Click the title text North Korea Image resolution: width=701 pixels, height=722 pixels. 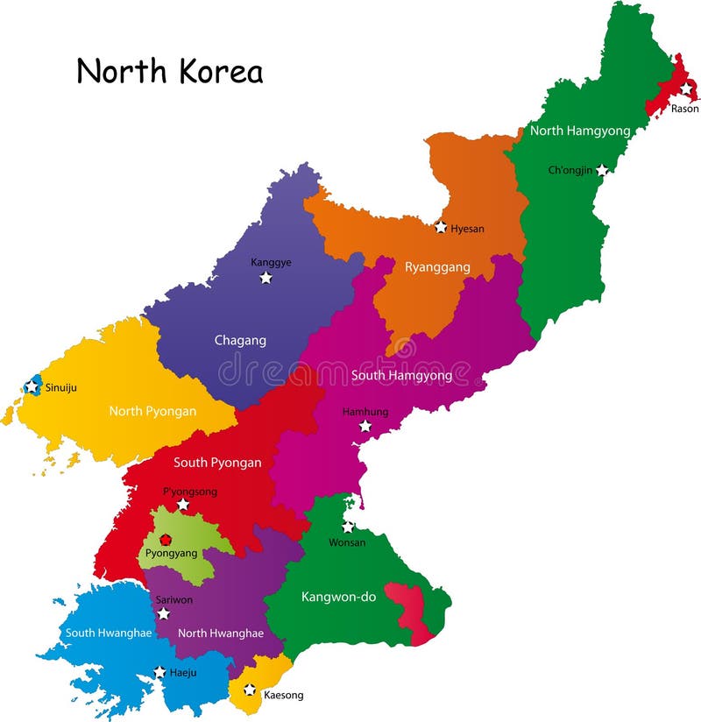click(x=169, y=71)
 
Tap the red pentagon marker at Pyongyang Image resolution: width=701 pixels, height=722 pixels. click(x=166, y=540)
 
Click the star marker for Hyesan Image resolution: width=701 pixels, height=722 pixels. click(x=441, y=227)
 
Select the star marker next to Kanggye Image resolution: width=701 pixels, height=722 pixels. click(x=266, y=278)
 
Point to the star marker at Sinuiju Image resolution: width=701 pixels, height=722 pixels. click(x=32, y=386)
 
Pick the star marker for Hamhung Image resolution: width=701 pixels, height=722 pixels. click(x=365, y=426)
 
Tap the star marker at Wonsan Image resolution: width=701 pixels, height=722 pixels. click(x=348, y=527)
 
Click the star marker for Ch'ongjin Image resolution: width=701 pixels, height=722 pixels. click(x=603, y=169)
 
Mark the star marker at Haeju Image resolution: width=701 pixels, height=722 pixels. click(x=159, y=672)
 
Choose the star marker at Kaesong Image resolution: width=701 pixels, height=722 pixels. click(x=250, y=690)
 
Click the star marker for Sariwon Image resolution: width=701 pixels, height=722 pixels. click(x=163, y=613)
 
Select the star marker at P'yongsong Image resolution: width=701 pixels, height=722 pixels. click(x=183, y=505)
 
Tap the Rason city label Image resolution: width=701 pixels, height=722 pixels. click(x=684, y=109)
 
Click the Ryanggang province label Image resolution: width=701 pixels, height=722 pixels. click(x=437, y=267)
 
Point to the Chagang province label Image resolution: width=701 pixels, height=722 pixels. click(x=240, y=340)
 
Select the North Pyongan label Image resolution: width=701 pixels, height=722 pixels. click(x=152, y=410)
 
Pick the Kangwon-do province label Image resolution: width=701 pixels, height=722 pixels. click(x=338, y=597)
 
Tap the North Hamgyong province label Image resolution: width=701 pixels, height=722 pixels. click(x=580, y=131)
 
